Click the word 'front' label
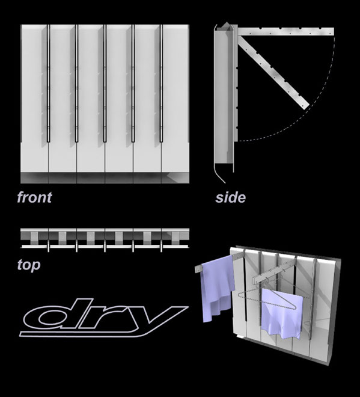click(x=34, y=197)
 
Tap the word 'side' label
click(x=230, y=198)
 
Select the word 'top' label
click(x=29, y=265)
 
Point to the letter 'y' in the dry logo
click(x=152, y=319)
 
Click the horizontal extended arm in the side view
click(x=285, y=32)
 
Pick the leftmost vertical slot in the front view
click(x=48, y=83)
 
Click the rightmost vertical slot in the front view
click(x=162, y=83)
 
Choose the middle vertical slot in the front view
click(x=105, y=83)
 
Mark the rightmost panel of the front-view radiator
click(x=175, y=99)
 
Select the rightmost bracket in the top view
click(x=175, y=238)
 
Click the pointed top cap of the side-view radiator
click(x=226, y=26)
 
